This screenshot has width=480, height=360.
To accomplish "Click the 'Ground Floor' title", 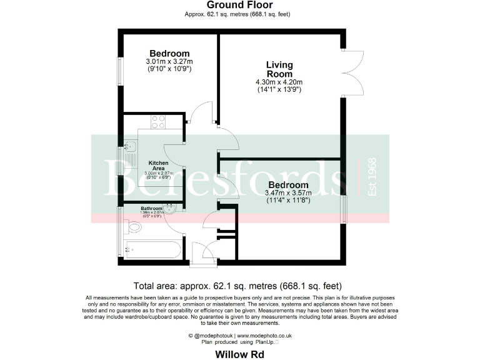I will click(239, 5).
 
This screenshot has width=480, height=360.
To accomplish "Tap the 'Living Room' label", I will click(279, 69).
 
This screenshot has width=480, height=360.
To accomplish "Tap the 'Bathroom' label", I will click(151, 208).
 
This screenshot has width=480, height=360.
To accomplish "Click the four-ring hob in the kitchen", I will click(158, 122).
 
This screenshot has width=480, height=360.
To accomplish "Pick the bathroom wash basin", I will click(172, 209).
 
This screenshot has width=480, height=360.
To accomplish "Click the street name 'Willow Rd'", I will click(239, 354).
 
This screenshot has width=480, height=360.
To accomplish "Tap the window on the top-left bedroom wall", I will click(120, 71).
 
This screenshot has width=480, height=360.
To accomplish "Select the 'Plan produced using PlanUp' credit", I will click(239, 342).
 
